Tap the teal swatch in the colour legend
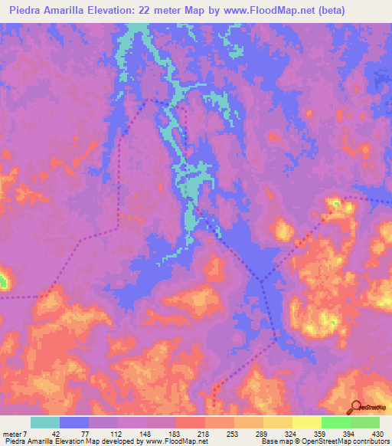45,422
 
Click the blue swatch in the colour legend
74,422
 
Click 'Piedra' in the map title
26,11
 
